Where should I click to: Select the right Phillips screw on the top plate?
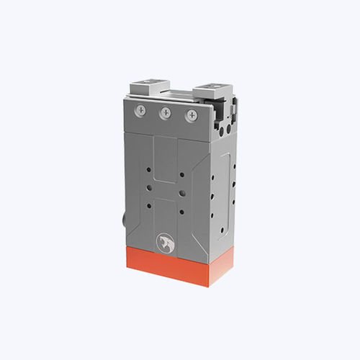[x=191, y=115]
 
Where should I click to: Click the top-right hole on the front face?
[x=183, y=175]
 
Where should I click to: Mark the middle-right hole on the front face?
[x=183, y=193]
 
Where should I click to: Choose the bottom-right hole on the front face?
[x=183, y=211]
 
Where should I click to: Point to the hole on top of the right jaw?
[x=214, y=87]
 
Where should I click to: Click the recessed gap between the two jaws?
[x=180, y=92]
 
